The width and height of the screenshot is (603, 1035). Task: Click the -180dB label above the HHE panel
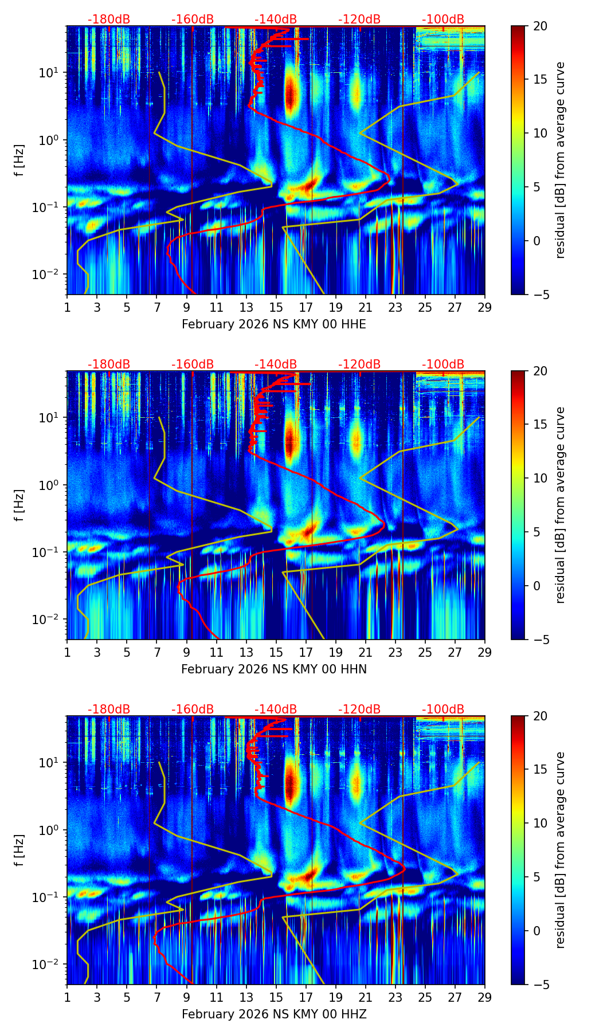point(109,19)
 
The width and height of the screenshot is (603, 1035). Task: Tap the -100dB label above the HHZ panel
point(443,709)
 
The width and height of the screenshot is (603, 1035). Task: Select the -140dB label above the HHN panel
point(276,364)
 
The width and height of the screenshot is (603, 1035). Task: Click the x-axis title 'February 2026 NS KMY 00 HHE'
point(273,324)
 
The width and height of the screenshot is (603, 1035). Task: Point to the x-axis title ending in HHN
point(273,669)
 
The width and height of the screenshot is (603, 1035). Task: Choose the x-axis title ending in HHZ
point(273,1014)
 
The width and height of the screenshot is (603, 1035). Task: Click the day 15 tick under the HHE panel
point(276,307)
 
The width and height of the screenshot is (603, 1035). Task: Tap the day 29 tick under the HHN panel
point(484,652)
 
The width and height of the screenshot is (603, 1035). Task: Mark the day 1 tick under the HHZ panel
point(67,997)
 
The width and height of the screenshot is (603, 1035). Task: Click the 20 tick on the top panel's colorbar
point(539,26)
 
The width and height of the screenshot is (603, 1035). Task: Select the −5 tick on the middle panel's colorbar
point(539,639)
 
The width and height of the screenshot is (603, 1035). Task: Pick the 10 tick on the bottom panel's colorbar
point(539,823)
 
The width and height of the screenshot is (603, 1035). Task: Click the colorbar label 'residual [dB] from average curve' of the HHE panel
point(561,160)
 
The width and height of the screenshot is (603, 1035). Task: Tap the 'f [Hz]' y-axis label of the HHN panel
point(19,505)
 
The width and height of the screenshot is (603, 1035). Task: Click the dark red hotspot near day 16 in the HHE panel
point(291,95)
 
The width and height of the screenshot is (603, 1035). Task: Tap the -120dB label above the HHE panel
point(359,19)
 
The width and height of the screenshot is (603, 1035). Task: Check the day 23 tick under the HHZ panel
point(395,997)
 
